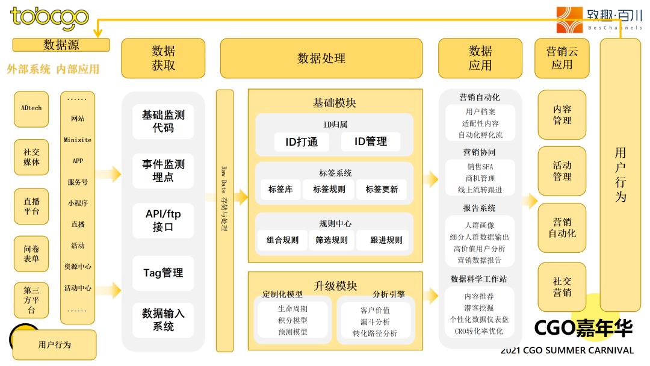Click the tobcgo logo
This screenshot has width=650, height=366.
(x=49, y=18)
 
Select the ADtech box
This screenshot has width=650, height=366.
(x=31, y=109)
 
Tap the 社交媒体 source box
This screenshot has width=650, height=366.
(x=31, y=157)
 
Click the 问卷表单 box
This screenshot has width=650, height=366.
(x=31, y=253)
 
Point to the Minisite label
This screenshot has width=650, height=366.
(x=78, y=140)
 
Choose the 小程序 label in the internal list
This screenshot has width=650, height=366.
(x=78, y=203)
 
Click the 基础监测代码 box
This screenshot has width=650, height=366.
(x=163, y=122)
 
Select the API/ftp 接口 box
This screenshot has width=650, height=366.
(x=163, y=220)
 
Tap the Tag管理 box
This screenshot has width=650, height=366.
(x=163, y=273)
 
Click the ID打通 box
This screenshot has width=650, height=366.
(x=302, y=142)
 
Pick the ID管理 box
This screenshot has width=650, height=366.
(x=371, y=141)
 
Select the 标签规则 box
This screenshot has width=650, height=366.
(x=329, y=190)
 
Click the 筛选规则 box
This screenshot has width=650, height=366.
(x=331, y=240)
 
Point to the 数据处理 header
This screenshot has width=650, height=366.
(x=321, y=58)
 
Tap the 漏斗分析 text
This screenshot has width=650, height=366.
(x=375, y=322)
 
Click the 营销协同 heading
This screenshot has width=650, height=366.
(x=479, y=152)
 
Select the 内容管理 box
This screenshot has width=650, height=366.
(x=562, y=115)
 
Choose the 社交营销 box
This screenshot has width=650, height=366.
(x=562, y=287)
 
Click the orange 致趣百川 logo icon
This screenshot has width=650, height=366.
(x=569, y=19)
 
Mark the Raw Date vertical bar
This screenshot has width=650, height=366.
(x=224, y=220)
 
